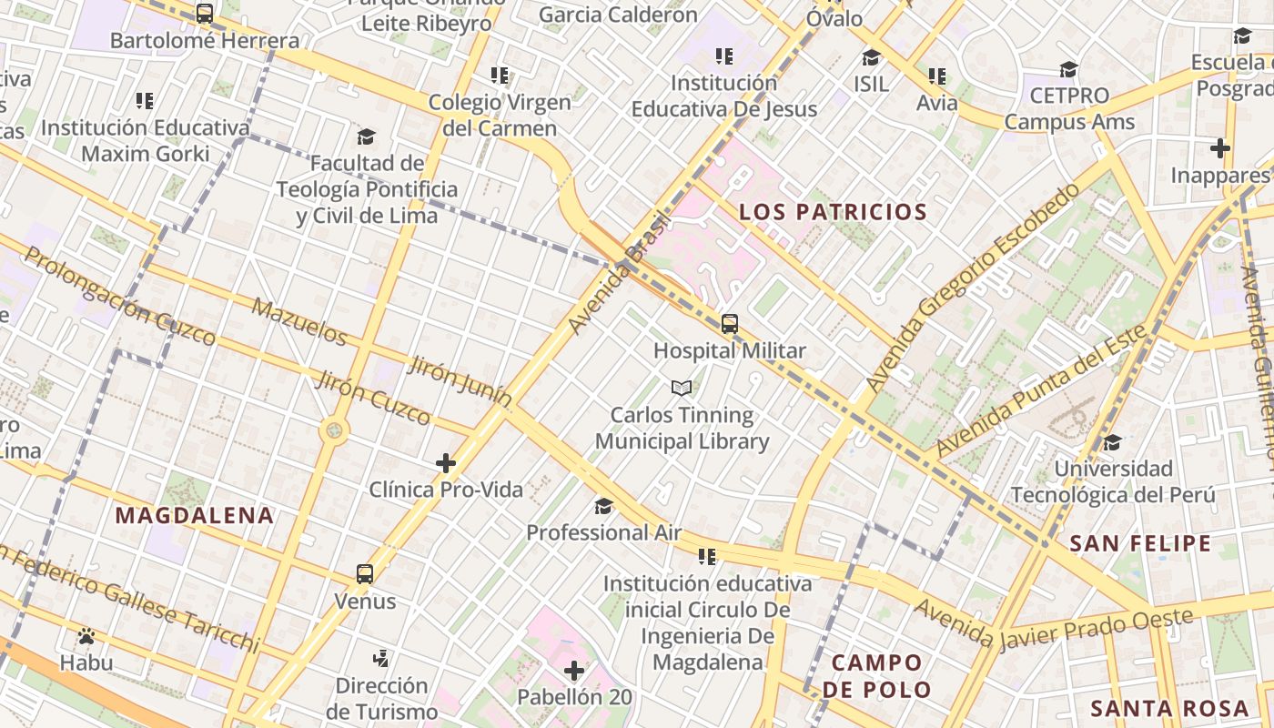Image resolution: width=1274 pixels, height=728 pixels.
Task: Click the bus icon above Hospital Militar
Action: (x=730, y=323)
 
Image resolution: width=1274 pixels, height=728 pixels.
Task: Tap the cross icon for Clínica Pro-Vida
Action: (x=446, y=463)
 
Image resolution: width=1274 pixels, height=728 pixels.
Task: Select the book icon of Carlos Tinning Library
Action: (x=682, y=389)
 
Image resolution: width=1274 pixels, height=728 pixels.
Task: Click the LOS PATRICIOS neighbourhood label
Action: (x=833, y=212)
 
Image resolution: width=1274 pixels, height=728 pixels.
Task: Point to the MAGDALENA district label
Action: (x=194, y=515)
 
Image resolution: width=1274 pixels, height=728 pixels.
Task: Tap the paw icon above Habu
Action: (x=86, y=636)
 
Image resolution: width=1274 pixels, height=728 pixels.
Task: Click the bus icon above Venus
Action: (x=365, y=574)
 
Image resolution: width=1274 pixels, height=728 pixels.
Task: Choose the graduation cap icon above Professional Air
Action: (x=603, y=506)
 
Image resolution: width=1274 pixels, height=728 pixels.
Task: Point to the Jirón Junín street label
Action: (x=460, y=380)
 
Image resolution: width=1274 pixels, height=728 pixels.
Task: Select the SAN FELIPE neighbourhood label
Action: (x=1140, y=543)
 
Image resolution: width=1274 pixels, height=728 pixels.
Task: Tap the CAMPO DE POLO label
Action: (x=876, y=675)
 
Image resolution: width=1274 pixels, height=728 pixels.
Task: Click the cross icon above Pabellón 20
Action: (x=574, y=672)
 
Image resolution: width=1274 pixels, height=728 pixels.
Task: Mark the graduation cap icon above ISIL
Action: (x=871, y=57)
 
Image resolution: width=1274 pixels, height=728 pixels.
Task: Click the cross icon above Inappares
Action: (x=1220, y=147)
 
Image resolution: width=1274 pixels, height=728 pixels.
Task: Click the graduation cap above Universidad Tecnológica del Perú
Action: (x=1112, y=442)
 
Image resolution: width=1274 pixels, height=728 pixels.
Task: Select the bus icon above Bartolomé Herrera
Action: (x=205, y=14)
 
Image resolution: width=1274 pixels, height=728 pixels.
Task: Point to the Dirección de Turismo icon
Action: (x=382, y=657)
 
